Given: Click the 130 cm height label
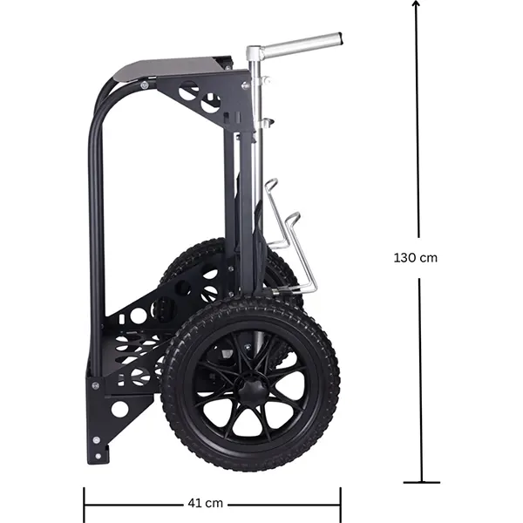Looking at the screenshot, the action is [415, 258].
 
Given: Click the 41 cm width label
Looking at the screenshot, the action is [205, 503].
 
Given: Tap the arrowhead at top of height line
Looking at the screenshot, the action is [416, 3].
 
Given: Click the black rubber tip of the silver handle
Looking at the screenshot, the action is [340, 38].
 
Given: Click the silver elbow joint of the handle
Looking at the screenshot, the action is [254, 52].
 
